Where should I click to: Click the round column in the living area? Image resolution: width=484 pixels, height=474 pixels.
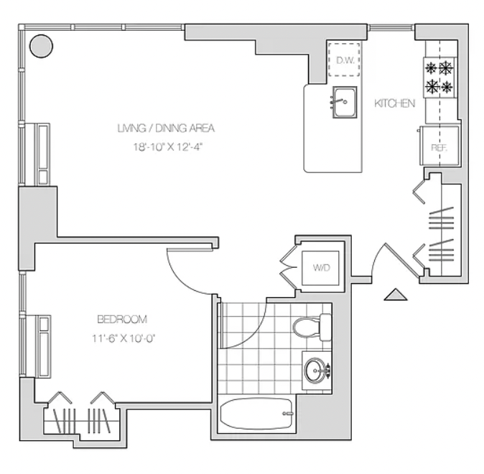(41, 46)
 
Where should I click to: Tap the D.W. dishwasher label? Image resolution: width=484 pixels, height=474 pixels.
(345, 60)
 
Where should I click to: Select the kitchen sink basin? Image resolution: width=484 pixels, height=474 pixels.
(345, 102)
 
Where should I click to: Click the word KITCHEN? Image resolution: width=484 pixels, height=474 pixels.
(394, 103)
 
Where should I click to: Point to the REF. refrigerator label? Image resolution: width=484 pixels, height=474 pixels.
(439, 148)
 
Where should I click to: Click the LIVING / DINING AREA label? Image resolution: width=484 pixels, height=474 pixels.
(166, 128)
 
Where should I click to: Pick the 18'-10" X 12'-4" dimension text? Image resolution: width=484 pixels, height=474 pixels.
(168, 147)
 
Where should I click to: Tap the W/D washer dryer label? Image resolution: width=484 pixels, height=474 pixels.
(321, 268)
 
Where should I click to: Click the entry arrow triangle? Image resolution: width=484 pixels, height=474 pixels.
(396, 294)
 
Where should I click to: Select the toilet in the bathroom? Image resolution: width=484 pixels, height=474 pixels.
(312, 327)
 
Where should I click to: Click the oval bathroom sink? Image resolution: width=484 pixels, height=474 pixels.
(315, 371)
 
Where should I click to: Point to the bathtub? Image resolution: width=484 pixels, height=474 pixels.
(256, 414)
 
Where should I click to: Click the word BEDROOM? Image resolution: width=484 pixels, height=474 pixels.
(122, 320)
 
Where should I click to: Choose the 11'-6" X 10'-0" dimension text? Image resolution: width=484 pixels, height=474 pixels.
(124, 339)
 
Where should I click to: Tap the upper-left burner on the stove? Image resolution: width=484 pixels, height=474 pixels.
(431, 68)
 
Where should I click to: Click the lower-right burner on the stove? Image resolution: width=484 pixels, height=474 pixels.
(447, 87)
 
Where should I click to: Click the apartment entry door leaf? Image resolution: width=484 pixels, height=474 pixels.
(403, 260)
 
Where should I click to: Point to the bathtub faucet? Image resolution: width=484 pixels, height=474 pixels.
(288, 414)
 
